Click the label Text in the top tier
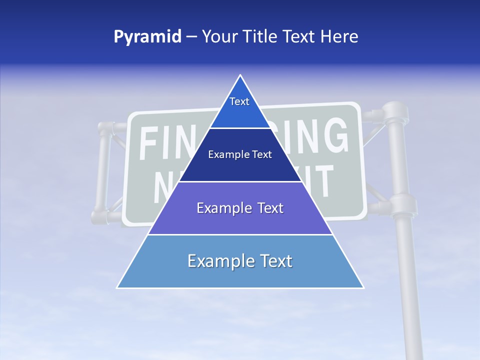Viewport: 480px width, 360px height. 239,101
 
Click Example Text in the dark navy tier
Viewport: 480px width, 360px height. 240,154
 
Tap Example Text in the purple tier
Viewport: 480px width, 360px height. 240,208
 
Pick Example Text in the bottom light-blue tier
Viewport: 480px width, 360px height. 240,261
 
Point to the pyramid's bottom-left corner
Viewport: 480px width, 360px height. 117,287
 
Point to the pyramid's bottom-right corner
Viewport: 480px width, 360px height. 363,287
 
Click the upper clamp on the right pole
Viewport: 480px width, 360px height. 395,113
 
